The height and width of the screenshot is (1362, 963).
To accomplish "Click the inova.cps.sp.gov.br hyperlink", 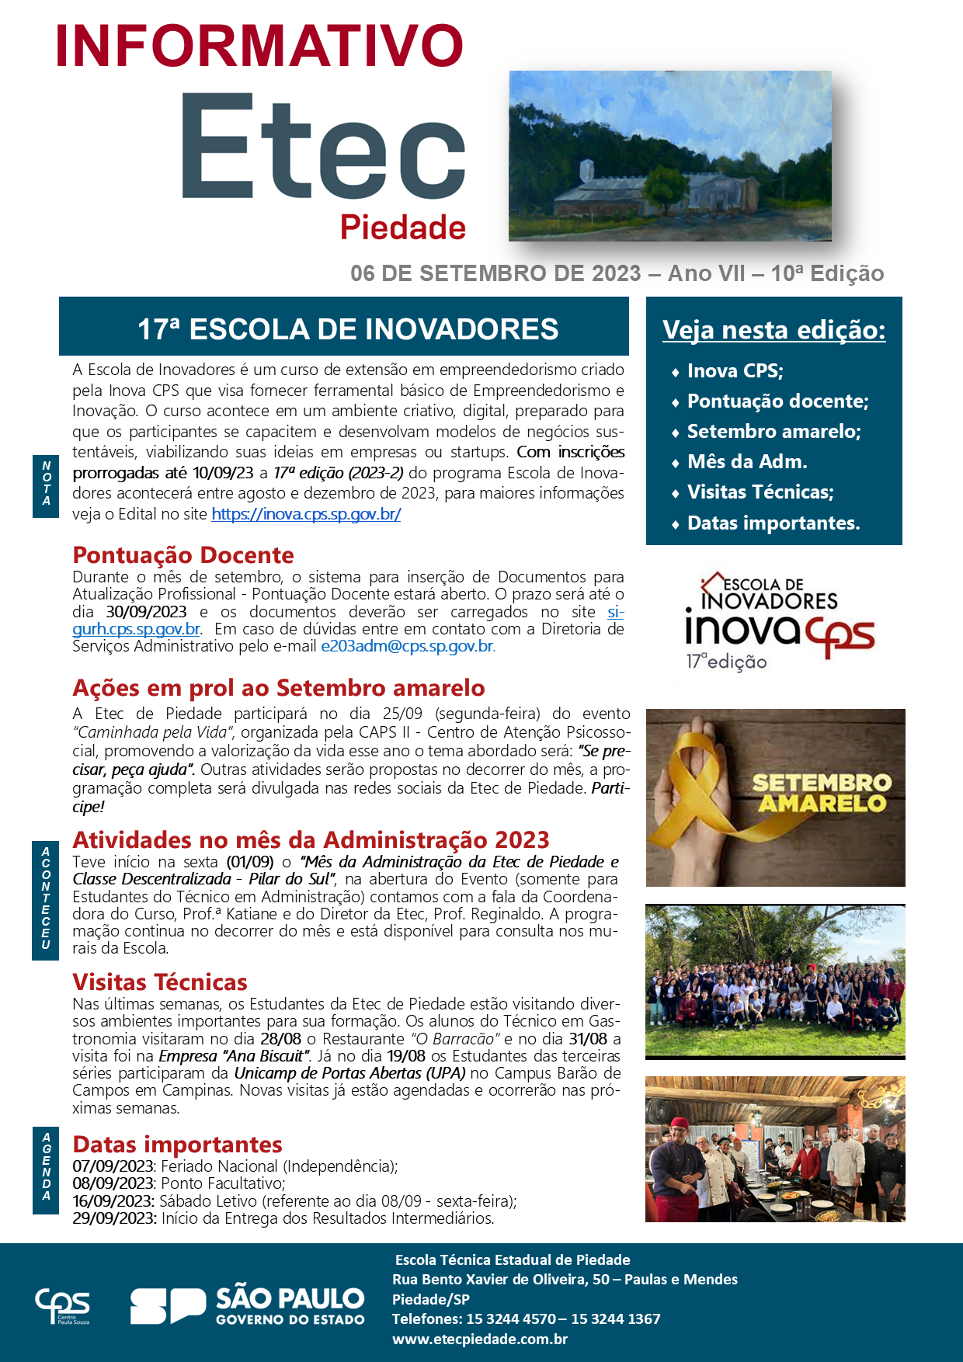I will (x=306, y=514).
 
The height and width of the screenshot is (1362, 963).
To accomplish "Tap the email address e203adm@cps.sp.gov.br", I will (x=407, y=646).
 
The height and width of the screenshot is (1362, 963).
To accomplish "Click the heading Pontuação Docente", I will (x=183, y=555).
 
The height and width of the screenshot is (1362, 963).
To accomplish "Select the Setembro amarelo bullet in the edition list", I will (x=774, y=432).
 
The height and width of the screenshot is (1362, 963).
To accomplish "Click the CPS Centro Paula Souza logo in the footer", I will (x=63, y=1306).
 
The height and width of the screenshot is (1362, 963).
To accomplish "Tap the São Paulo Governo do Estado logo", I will (x=247, y=1306).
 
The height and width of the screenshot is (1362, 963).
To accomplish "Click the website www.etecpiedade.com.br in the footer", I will (x=479, y=1339).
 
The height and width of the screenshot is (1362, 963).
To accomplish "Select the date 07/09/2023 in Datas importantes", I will (x=114, y=1166).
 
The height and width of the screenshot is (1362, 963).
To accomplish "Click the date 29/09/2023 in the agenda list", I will (x=114, y=1218).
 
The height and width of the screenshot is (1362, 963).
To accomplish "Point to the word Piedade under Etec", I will (x=403, y=228).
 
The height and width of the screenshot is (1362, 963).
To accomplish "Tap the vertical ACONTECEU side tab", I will (x=46, y=898).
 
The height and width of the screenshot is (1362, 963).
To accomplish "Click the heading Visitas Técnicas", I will (x=160, y=982).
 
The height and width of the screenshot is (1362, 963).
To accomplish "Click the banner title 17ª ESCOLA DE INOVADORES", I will (x=348, y=329).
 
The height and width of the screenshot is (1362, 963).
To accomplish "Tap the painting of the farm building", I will (x=669, y=156).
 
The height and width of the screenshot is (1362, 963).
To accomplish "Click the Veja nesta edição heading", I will (x=774, y=330).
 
